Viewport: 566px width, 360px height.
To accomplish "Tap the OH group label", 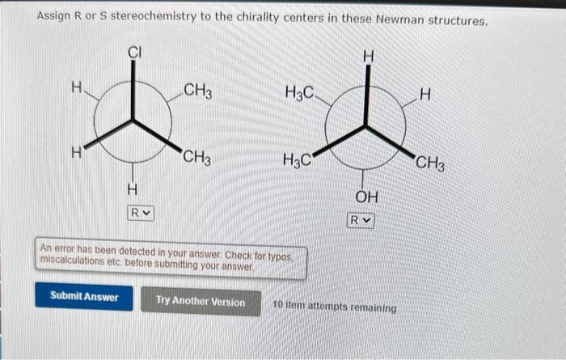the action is [x=366, y=197].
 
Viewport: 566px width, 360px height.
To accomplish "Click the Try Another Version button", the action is [x=200, y=302].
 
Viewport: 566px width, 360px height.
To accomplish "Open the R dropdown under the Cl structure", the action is [x=140, y=213].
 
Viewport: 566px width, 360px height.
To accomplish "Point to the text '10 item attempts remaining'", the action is [x=335, y=308].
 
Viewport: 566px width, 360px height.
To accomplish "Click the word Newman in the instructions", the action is [x=390, y=20].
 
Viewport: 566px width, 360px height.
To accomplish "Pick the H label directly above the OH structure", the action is [x=368, y=56].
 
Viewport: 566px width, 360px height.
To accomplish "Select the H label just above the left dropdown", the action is [x=133, y=190].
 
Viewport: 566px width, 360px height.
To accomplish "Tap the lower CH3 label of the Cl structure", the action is [x=197, y=157].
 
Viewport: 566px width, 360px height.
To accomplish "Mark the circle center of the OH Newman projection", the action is [x=366, y=125].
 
